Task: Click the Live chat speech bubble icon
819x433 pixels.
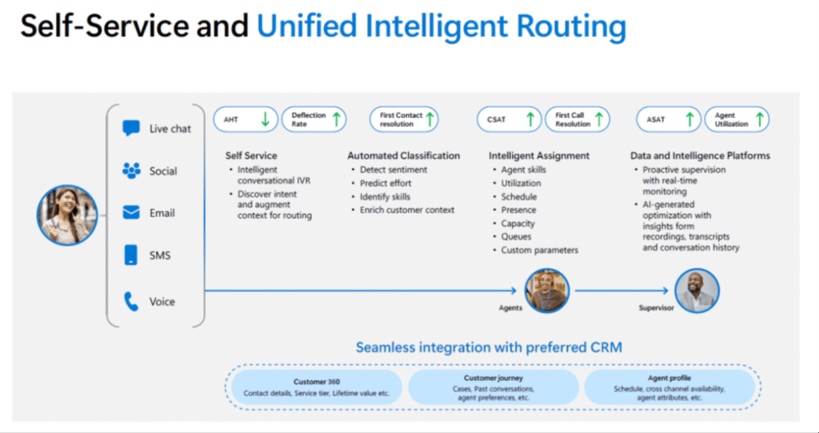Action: [x=131, y=128]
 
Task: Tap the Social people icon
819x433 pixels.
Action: [x=131, y=170]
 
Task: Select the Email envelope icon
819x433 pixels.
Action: [x=131, y=213]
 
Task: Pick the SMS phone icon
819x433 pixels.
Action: [x=131, y=256]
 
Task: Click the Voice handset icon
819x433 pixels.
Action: [x=131, y=301]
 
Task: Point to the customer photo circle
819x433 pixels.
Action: [x=67, y=213]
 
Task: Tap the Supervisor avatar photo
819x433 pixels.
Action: [x=697, y=289]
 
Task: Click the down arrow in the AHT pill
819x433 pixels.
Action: [x=266, y=120]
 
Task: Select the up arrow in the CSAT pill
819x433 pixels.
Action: [x=529, y=120]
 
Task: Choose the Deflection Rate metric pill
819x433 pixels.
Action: [x=316, y=120]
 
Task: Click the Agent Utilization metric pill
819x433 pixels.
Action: [x=737, y=120]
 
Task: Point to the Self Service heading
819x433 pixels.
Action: [x=250, y=156]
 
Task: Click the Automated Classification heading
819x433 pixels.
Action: [x=403, y=156]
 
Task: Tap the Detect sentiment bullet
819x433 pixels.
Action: [x=393, y=170]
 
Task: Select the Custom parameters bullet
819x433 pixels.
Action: [x=539, y=250]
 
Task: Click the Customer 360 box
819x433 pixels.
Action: [x=317, y=387]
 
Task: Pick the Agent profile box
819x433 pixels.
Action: [x=669, y=387]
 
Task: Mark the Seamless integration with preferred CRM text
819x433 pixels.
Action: [x=489, y=348]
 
